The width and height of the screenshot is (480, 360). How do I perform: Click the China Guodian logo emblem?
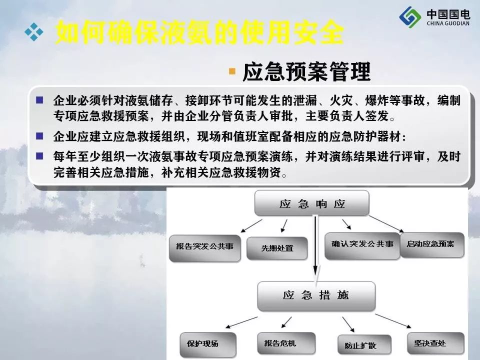[410, 17]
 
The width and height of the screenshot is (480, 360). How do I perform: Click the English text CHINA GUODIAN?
[448, 23]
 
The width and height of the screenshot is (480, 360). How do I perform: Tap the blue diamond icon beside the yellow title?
[33, 32]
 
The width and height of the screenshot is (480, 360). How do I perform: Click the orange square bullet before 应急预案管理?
[232, 71]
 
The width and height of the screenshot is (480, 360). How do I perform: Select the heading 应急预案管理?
[306, 72]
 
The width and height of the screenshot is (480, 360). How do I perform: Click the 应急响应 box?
[311, 202]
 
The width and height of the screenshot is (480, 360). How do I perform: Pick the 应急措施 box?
[316, 295]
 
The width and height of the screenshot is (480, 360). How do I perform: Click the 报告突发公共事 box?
[205, 248]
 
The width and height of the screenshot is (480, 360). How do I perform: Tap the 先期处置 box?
[277, 248]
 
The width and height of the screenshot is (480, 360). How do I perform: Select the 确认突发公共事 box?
[362, 246]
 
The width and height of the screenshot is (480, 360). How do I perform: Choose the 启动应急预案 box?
[432, 245]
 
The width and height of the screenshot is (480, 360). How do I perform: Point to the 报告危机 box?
[286, 343]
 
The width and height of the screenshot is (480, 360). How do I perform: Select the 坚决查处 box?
[435, 343]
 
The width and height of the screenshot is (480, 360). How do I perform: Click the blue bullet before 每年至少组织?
[39, 156]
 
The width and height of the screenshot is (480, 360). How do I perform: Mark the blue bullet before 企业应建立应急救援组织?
[39, 136]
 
